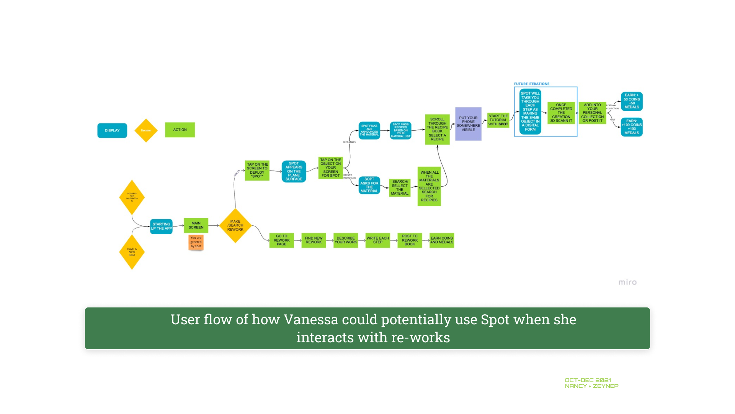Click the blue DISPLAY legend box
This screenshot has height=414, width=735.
(112, 130)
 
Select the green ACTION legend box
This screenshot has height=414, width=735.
(180, 130)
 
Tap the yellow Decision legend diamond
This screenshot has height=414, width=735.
(146, 130)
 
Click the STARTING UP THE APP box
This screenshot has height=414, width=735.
(161, 226)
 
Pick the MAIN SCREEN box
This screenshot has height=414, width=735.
(196, 225)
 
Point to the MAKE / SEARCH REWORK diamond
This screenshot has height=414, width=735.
(235, 225)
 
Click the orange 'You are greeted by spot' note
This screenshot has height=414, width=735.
(196, 242)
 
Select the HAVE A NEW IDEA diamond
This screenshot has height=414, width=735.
(132, 252)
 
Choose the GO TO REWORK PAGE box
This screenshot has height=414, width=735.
(281, 240)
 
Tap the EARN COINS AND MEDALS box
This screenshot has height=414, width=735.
(442, 240)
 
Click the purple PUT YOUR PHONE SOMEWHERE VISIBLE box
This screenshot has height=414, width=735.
(468, 124)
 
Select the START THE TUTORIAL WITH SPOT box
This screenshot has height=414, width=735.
(498, 120)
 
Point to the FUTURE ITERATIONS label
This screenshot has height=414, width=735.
(532, 84)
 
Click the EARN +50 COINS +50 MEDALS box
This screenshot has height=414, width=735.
(632, 101)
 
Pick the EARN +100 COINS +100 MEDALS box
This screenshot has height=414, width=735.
(632, 127)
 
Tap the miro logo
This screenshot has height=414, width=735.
(627, 282)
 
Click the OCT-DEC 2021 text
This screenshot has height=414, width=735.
(588, 380)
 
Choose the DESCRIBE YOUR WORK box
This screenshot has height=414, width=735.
(346, 240)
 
